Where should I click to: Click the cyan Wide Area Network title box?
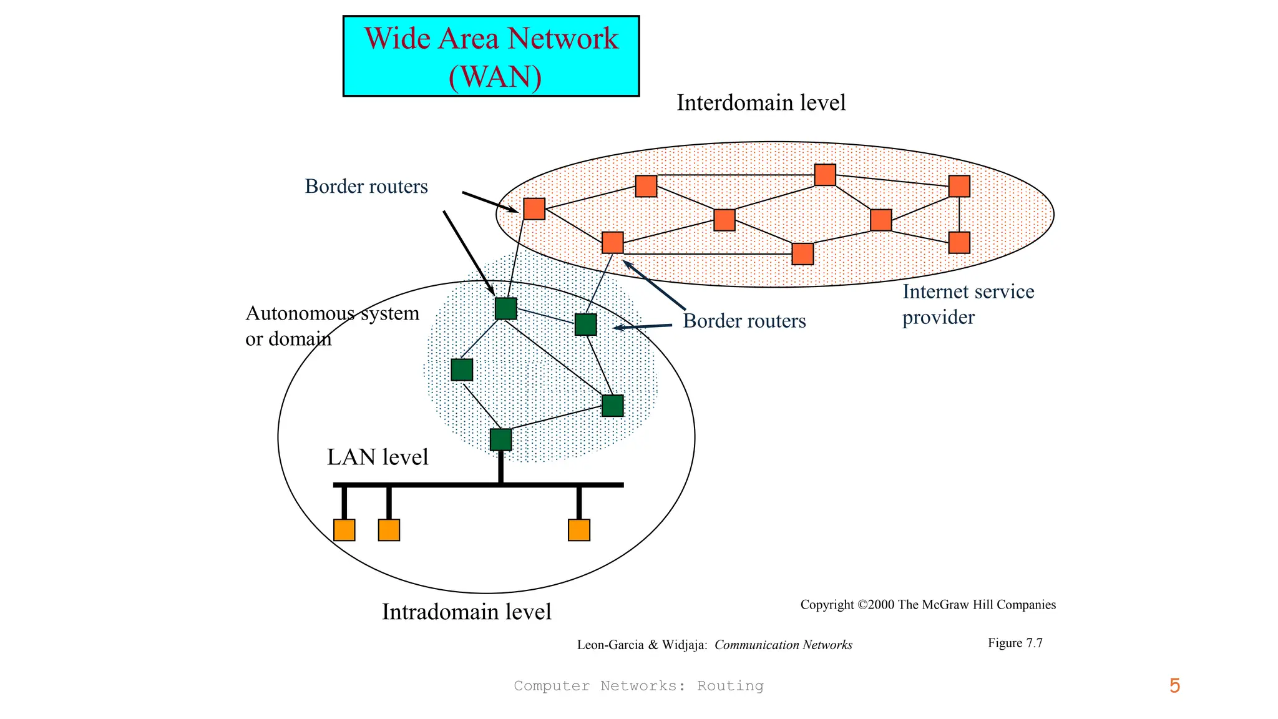[491, 56]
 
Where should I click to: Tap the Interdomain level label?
[761, 103]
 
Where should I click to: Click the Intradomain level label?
[466, 612]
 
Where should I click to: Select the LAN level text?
[378, 457]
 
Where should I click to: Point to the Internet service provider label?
[968, 305]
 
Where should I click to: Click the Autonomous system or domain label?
[331, 326]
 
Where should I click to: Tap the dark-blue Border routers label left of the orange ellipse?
[366, 187]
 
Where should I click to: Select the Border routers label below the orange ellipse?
[744, 321]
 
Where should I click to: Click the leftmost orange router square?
[534, 208]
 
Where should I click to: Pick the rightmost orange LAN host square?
[579, 530]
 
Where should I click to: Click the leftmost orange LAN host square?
[344, 530]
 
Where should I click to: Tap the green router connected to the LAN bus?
[500, 439]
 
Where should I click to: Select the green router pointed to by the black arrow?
[505, 308]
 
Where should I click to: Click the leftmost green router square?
[462, 369]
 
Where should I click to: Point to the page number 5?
[1174, 686]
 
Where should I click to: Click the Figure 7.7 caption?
[1015, 643]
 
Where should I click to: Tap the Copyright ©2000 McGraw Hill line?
[928, 605]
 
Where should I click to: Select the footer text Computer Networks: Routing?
[638, 686]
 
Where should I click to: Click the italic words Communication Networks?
[783, 645]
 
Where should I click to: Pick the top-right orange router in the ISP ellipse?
[959, 186]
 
